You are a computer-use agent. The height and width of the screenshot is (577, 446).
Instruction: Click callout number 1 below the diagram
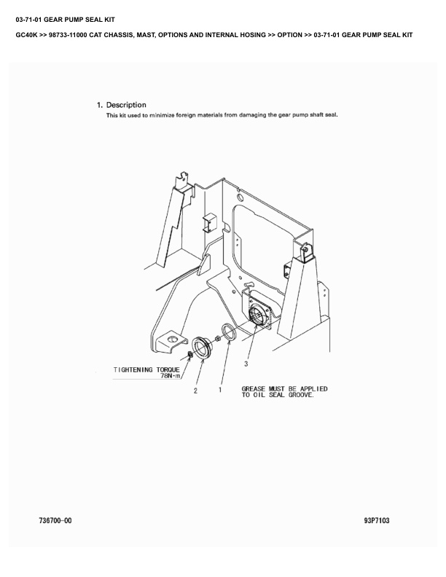coord(220,390)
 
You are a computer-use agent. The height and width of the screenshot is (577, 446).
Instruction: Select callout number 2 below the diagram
coord(195,390)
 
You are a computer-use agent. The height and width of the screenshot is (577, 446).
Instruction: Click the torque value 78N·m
coord(171,376)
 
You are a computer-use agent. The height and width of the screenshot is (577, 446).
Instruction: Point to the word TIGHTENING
coord(132,369)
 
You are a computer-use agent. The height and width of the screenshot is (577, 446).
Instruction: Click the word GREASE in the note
coord(254,389)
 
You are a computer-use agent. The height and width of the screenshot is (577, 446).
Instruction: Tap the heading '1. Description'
coord(122,105)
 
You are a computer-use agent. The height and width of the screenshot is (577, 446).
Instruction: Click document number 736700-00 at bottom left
coord(55,521)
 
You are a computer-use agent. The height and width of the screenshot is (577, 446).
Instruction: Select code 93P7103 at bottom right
coord(377,521)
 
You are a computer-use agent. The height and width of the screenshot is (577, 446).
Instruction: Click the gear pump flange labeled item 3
coord(257,314)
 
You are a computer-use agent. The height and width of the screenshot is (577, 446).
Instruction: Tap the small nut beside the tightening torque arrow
coord(189,354)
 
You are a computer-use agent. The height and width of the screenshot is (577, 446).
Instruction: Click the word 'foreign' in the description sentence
coord(186,115)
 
